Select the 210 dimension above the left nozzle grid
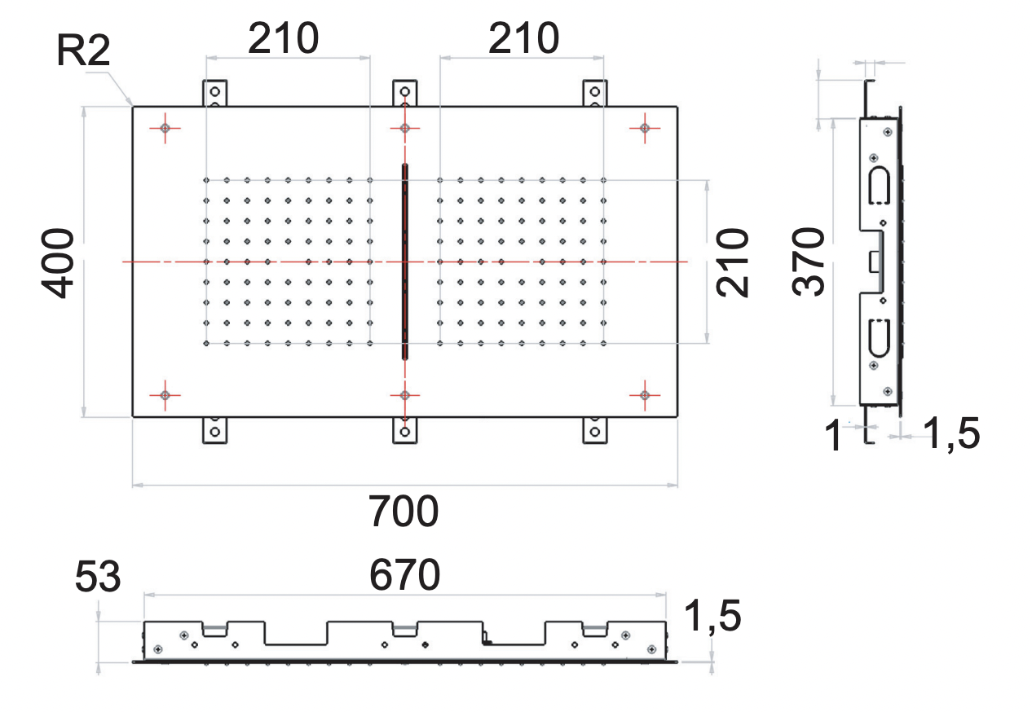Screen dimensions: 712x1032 tap(283, 38)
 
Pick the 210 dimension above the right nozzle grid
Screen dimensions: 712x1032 tap(524, 38)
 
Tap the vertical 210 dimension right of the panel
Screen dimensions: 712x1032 tap(732, 262)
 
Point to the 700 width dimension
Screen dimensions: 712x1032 tap(404, 512)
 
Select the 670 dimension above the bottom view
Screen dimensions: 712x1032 tap(404, 576)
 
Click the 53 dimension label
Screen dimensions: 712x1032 tap(98, 578)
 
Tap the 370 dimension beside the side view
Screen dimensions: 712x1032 tap(811, 262)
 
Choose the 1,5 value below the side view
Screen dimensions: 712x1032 tap(951, 435)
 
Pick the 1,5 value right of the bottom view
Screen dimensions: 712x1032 tap(712, 616)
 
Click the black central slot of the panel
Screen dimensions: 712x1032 tap(404, 262)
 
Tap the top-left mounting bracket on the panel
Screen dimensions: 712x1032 tap(215, 93)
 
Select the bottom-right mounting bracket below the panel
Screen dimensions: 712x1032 tap(595, 429)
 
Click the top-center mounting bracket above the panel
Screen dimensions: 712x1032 tap(404, 93)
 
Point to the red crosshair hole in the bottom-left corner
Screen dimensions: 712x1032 tap(165, 395)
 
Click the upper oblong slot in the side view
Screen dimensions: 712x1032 tap(879, 184)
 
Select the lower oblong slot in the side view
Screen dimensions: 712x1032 tap(879, 339)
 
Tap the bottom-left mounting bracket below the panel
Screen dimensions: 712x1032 tap(215, 429)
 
